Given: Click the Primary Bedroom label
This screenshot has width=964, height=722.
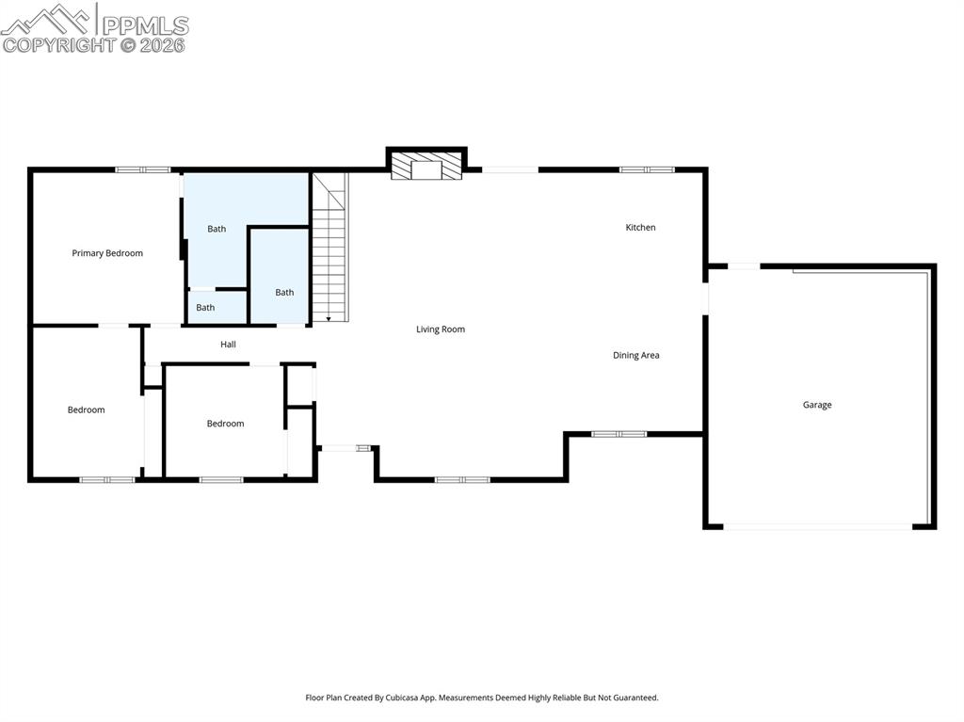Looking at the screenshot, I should click(107, 253).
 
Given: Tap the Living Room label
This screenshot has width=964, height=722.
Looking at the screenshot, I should click(441, 329).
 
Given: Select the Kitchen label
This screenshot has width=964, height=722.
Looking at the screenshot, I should click(640, 228).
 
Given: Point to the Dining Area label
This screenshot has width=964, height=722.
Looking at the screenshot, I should click(635, 356).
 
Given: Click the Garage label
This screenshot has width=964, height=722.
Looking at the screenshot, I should click(816, 405).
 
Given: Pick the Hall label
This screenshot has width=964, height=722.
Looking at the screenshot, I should click(228, 345).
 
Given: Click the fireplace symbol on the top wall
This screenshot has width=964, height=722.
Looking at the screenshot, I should click(427, 168).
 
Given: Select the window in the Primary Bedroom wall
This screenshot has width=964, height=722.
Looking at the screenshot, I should click(143, 169).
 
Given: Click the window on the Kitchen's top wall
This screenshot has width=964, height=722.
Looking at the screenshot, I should click(647, 169).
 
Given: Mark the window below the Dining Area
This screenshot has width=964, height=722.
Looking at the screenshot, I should click(619, 434).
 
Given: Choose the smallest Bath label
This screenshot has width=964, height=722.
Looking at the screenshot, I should click(205, 308).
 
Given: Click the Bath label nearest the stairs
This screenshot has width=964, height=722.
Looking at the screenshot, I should click(284, 293).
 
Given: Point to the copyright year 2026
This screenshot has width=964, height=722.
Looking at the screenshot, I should click(164, 44).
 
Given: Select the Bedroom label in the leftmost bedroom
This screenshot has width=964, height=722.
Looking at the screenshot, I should click(86, 410).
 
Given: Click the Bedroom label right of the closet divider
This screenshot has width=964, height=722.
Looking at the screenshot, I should click(225, 424).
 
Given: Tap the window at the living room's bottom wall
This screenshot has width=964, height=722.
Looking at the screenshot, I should click(462, 480).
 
